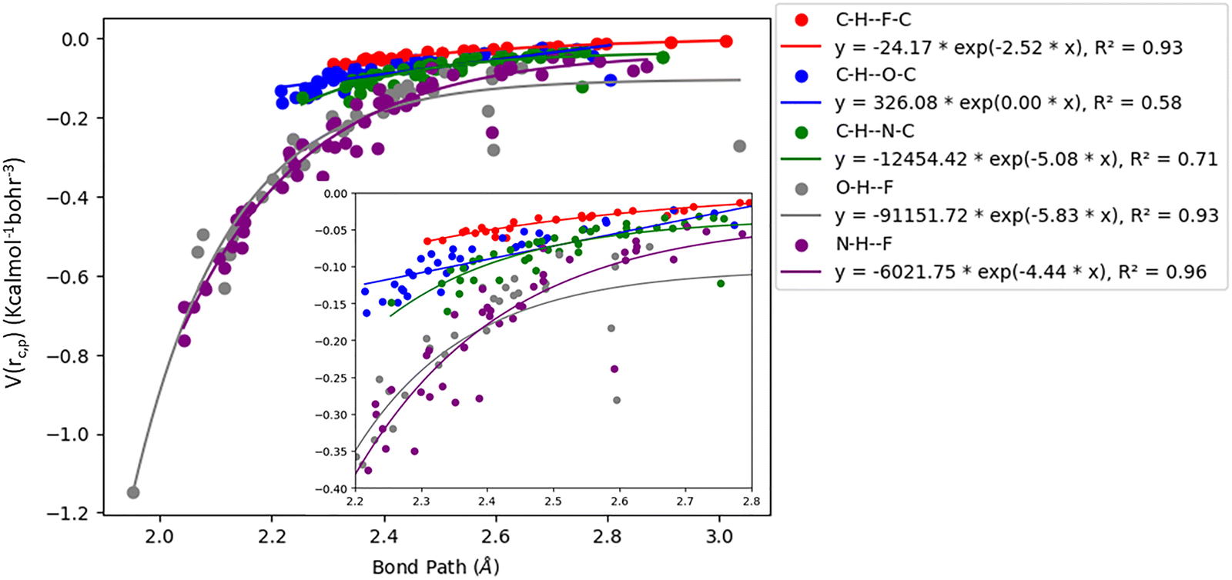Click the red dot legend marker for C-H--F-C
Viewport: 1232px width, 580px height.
pyautogui.click(x=802, y=20)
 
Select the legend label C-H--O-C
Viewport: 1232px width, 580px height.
pyautogui.click(x=875, y=75)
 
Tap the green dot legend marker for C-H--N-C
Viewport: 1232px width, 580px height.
pyautogui.click(x=802, y=132)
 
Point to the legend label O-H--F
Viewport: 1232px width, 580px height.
pyautogui.click(x=864, y=188)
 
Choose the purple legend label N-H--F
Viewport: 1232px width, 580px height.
pyautogui.click(x=864, y=244)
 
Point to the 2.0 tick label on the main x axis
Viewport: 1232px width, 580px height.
pyautogui.click(x=160, y=535)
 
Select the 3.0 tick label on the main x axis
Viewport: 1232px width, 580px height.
pyautogui.click(x=719, y=535)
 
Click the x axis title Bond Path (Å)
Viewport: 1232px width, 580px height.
pyautogui.click(x=435, y=568)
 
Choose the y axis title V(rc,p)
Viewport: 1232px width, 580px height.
pyautogui.click(x=15, y=273)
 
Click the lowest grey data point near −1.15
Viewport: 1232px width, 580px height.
pyautogui.click(x=132, y=492)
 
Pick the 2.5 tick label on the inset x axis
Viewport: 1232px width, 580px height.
pyautogui.click(x=553, y=502)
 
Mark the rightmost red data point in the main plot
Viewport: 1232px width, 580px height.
pyautogui.click(x=725, y=42)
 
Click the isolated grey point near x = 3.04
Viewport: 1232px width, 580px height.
pyautogui.click(x=739, y=146)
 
